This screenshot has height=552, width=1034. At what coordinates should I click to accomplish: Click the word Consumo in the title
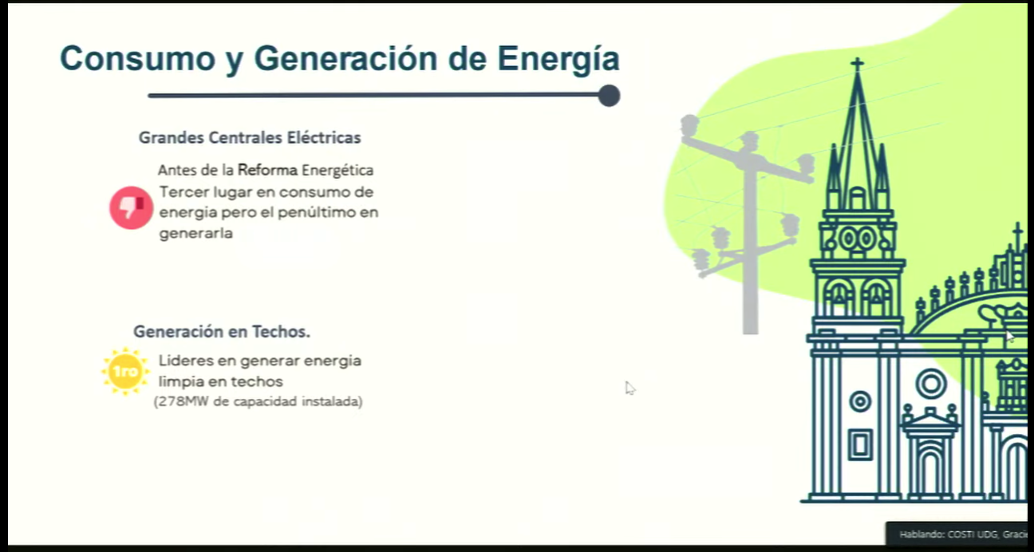[x=137, y=58]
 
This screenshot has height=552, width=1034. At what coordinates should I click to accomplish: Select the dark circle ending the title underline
[x=609, y=96]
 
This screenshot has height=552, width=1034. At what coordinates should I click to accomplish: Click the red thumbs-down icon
[x=131, y=207]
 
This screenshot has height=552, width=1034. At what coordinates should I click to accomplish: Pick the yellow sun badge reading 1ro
[x=125, y=371]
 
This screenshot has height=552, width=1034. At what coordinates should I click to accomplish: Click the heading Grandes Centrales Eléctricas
[x=250, y=137]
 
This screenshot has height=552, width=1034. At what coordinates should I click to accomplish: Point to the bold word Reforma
[x=267, y=170]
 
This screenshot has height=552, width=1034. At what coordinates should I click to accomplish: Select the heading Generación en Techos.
[x=222, y=331]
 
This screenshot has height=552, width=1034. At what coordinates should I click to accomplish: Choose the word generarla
[x=195, y=233]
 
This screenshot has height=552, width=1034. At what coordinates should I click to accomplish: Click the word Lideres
[x=186, y=361]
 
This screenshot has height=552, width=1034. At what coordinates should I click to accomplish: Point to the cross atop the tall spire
[x=857, y=64]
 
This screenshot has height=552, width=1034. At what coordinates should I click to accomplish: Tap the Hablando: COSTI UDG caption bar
[x=958, y=534]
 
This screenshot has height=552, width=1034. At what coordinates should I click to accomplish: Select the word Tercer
[x=184, y=191]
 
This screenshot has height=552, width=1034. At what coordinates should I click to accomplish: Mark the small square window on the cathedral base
[x=860, y=445]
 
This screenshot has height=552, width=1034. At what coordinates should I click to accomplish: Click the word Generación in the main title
[x=345, y=58]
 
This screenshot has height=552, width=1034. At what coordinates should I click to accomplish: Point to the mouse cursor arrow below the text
[x=630, y=388]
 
